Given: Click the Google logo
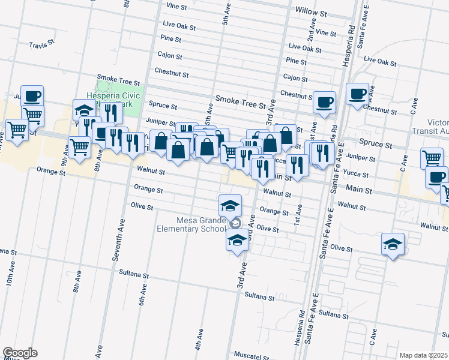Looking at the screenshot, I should (20, 353).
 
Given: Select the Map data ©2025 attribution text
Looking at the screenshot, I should (423, 355).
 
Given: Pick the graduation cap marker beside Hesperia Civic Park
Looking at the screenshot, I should (85, 110).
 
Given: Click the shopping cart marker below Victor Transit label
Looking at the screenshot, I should (431, 158).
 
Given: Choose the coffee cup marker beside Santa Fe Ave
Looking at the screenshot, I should (357, 94).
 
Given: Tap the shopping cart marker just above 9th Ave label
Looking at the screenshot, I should (79, 146).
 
